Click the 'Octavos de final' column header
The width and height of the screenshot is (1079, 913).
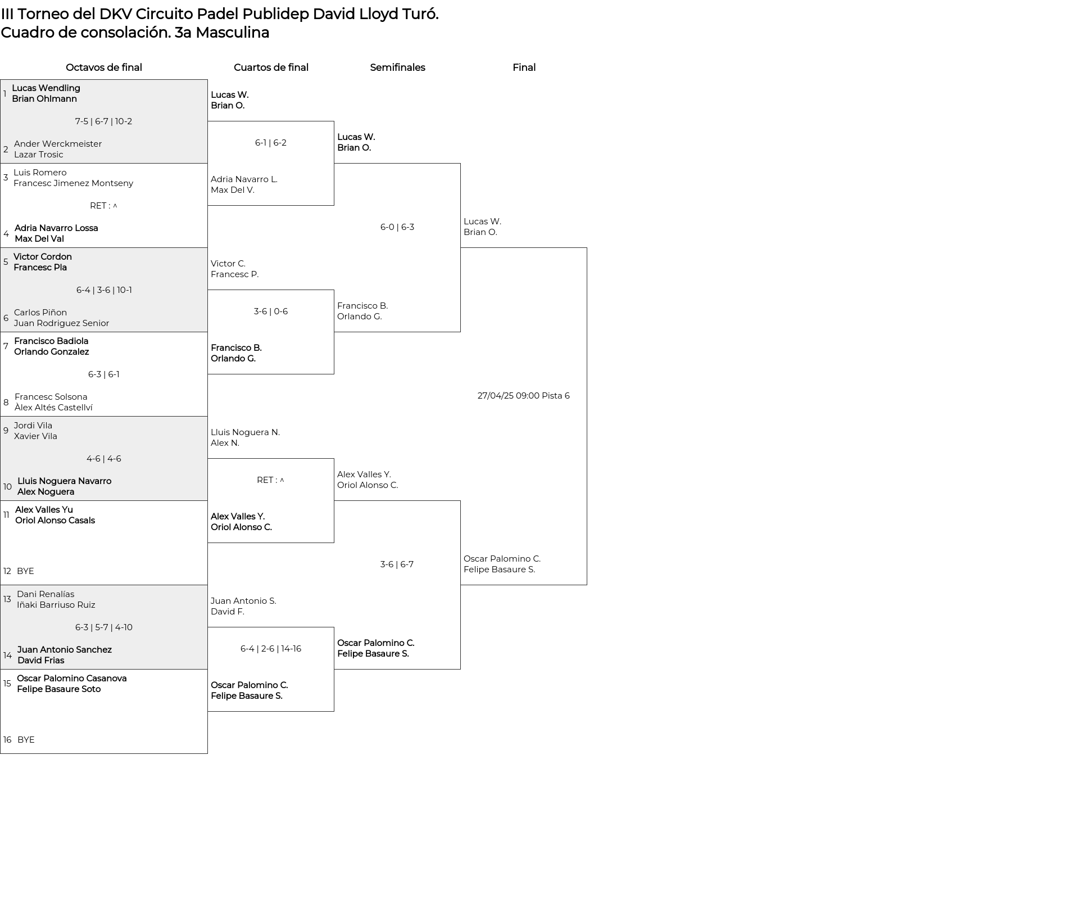pos(104,67)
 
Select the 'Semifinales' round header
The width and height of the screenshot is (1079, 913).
pos(397,67)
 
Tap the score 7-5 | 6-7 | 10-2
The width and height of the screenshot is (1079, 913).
pos(103,121)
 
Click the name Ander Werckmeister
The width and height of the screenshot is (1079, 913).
pos(58,144)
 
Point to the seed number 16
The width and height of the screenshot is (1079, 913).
pos(7,740)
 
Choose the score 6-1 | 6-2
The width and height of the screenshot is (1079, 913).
pos(271,143)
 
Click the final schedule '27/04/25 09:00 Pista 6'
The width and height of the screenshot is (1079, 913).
pos(524,396)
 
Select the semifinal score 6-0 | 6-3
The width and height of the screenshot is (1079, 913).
pos(397,227)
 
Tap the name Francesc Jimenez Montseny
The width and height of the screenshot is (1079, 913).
pos(74,183)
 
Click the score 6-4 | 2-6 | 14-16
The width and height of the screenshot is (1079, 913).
pos(271,649)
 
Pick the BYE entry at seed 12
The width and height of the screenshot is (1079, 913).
pos(25,571)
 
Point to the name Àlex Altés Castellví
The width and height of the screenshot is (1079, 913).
pos(54,408)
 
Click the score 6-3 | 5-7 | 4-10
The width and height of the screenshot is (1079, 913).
pos(104,627)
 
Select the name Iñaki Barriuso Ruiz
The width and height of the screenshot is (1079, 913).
pos(56,605)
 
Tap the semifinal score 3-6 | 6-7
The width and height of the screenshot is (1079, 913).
pos(397,564)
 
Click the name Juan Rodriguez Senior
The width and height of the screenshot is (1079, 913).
pos(62,323)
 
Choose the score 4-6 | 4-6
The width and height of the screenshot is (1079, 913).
pos(104,459)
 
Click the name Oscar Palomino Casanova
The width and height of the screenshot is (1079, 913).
pos(72,679)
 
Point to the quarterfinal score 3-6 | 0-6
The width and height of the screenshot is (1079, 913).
pos(271,311)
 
